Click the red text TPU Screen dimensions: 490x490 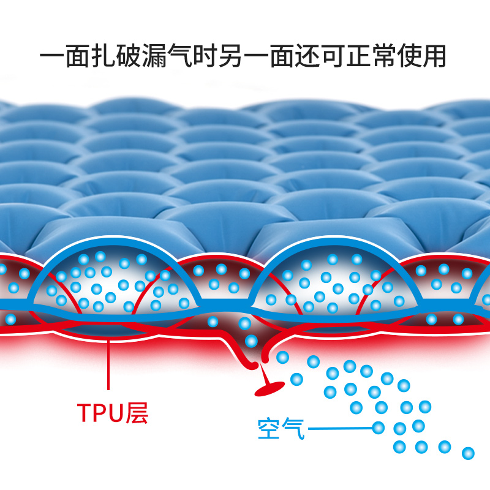[99, 414]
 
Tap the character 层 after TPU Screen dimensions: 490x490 [135, 414]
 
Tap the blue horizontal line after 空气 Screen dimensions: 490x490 [340, 428]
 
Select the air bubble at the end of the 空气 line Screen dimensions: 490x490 [379, 427]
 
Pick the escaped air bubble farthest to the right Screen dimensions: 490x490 [469, 453]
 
